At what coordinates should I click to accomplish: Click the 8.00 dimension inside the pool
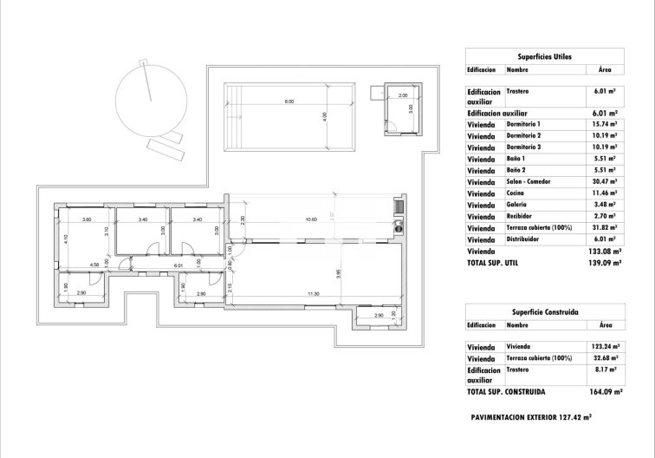(x=289, y=102)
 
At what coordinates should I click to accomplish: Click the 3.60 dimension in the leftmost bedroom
(x=87, y=219)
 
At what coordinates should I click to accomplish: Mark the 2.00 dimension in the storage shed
(x=403, y=95)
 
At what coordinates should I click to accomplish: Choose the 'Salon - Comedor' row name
(x=529, y=181)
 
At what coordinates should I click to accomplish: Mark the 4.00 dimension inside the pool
(x=325, y=115)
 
